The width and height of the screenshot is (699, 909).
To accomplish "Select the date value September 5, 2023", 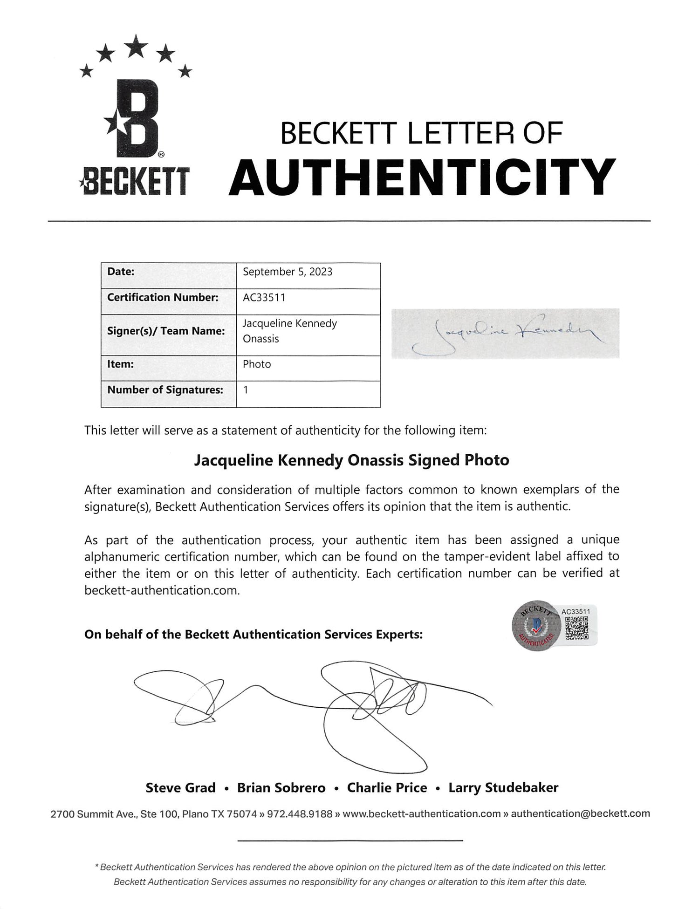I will pyautogui.click(x=288, y=272).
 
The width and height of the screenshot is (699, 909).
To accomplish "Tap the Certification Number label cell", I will pyautogui.click(x=163, y=297).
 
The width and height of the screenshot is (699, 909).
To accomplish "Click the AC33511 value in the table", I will pyautogui.click(x=264, y=297).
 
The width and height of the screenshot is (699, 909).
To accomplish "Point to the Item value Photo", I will pyautogui.click(x=257, y=364).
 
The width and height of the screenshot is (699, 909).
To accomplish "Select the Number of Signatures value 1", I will pyautogui.click(x=246, y=390).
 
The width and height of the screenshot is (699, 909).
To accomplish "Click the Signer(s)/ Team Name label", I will pyautogui.click(x=166, y=331).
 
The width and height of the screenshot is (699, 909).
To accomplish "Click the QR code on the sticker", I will pyautogui.click(x=576, y=627).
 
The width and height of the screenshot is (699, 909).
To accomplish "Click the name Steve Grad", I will pyautogui.click(x=180, y=787).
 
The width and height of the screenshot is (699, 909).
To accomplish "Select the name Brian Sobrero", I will pyautogui.click(x=281, y=787).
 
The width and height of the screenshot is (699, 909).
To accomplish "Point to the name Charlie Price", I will pyautogui.click(x=387, y=787).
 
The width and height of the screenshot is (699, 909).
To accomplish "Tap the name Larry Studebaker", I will pyautogui.click(x=503, y=787).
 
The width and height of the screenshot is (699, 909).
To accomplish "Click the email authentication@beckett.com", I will pyautogui.click(x=580, y=813).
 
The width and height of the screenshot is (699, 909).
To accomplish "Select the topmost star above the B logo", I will pyautogui.click(x=136, y=46).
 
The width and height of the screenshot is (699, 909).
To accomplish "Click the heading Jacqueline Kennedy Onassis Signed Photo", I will pyautogui.click(x=351, y=460).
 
